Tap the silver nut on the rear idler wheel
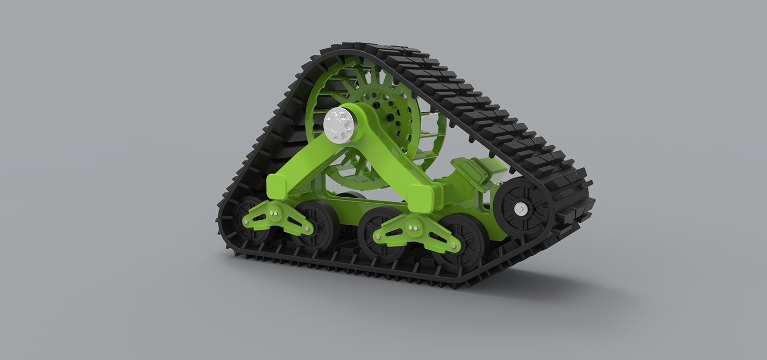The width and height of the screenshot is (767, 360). pos(519,209)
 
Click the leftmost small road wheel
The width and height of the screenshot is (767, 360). pos(249,219)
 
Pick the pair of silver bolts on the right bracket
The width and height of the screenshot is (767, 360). pos(413,225)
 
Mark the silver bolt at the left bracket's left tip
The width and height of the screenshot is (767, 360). pos(249,221)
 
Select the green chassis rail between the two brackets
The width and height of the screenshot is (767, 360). pos(356,205)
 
